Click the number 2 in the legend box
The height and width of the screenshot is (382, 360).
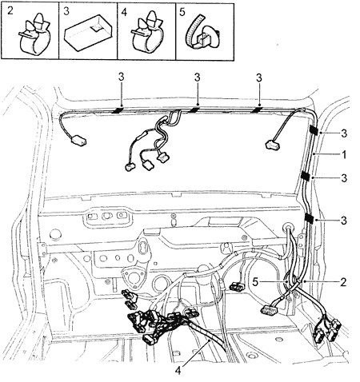click(x=10, y=10)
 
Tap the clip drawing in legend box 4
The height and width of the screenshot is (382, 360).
click(x=147, y=31)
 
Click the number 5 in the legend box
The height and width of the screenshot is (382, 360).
click(x=182, y=12)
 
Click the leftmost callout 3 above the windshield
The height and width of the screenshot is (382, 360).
click(x=122, y=78)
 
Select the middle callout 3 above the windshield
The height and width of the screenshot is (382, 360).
click(x=197, y=78)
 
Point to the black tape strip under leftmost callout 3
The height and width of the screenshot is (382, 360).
click(x=118, y=109)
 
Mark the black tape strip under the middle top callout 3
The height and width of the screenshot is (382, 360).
click(x=194, y=109)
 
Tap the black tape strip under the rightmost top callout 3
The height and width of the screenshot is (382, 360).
click(x=257, y=109)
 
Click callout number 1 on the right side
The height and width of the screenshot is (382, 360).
click(x=344, y=154)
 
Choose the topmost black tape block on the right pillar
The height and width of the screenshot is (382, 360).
click(x=314, y=129)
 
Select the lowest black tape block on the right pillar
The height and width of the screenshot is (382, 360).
click(x=309, y=218)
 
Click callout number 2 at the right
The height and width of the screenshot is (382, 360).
click(x=343, y=281)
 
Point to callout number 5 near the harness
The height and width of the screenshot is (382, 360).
click(x=255, y=281)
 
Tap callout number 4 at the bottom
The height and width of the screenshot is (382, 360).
click(x=178, y=370)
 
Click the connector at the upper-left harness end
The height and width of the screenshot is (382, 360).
click(x=79, y=140)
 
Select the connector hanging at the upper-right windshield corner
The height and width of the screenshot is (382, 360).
click(x=272, y=145)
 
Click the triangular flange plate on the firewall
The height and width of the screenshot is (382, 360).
click(x=133, y=277)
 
